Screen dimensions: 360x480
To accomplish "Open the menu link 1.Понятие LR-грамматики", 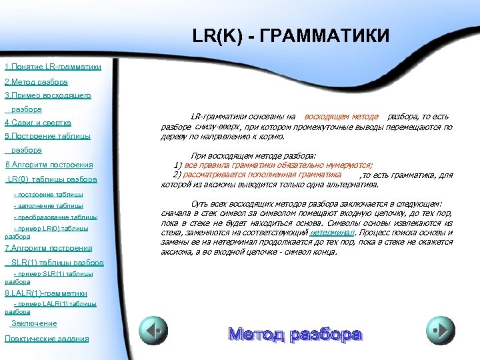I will pos(53,67).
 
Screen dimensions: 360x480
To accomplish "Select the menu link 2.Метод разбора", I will pos(36,82).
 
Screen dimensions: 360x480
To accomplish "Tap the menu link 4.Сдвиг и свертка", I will pos(38,123).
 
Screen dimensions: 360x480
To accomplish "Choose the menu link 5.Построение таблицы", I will pos(47,137).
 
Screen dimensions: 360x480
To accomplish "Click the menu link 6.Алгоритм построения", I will pos(49,165).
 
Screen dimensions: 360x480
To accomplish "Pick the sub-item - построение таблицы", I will pos(48,195).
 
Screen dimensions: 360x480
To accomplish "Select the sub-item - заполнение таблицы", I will pos(48,206).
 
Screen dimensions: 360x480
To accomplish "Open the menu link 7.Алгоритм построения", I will pos(48,248).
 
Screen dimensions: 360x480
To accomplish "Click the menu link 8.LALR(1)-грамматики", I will pos(46,293).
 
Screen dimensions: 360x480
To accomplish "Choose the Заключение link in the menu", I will pos(34,323).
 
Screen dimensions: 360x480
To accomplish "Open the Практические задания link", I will pos(46,339).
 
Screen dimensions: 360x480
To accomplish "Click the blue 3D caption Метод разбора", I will pos(295,334).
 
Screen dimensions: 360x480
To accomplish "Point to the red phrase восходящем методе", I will pos(341,117).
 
